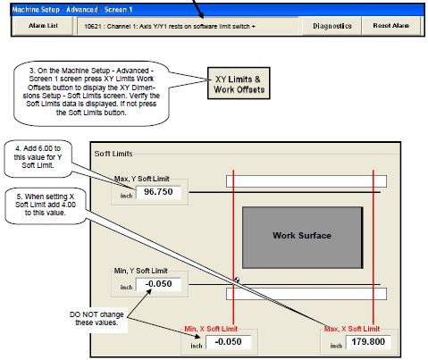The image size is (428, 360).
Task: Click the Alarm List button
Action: tap(43, 26)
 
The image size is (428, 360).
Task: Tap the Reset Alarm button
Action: tap(390, 26)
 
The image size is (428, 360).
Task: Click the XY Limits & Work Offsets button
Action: tap(239, 83)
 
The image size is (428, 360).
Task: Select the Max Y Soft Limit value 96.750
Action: tap(158, 192)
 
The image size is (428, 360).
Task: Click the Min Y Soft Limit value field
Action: tap(158, 284)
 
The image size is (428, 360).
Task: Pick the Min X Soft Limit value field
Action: tap(229, 342)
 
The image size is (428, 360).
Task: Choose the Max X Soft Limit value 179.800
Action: tap(368, 342)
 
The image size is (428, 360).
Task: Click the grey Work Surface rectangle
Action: tap(302, 238)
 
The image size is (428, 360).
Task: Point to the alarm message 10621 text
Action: tap(170, 27)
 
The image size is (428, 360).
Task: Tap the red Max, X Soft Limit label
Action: tap(352, 329)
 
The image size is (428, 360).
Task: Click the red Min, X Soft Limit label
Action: tap(211, 329)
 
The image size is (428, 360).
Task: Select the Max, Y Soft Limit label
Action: tap(142, 179)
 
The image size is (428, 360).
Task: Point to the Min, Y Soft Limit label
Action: tap(141, 271)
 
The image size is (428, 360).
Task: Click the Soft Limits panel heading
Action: tap(113, 154)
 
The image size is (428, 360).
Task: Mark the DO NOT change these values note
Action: tap(97, 319)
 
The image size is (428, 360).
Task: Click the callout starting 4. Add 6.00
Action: tap(38, 157)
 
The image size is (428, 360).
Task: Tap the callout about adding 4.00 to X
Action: tap(46, 205)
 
